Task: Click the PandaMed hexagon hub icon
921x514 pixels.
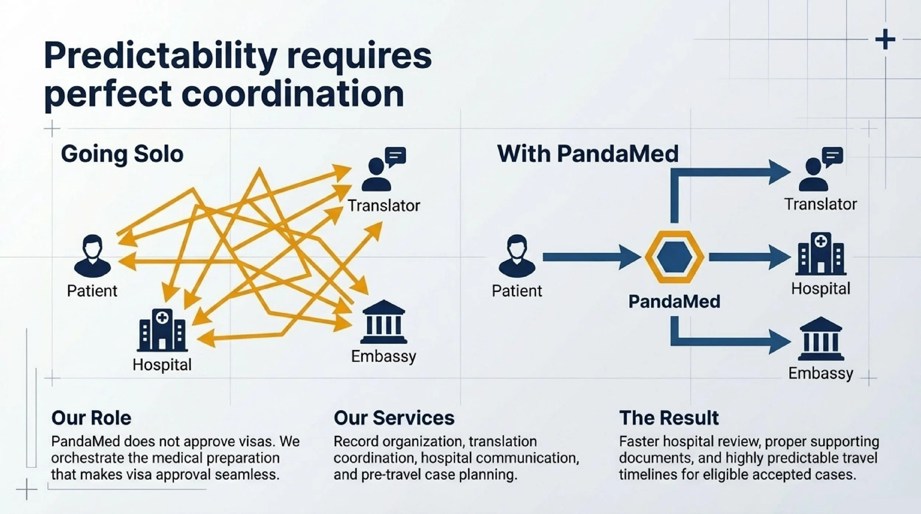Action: (x=675, y=257)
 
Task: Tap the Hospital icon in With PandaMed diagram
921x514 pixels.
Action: (x=821, y=254)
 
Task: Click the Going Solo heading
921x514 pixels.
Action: (x=122, y=154)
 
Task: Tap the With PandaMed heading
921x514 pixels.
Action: (x=588, y=154)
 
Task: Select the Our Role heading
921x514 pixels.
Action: (x=91, y=418)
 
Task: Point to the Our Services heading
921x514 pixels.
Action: (x=394, y=418)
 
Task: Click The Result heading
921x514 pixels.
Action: (x=669, y=418)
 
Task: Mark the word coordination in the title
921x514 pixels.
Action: (x=293, y=94)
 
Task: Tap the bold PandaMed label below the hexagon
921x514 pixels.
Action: (x=674, y=301)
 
